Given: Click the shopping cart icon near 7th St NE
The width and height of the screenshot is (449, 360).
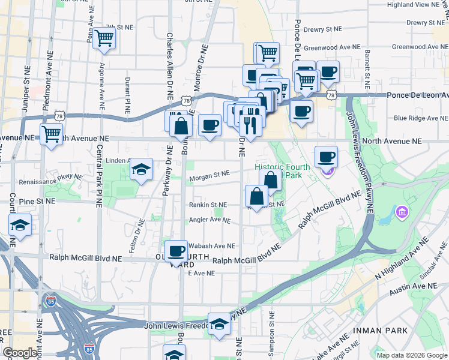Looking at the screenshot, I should coord(104,38).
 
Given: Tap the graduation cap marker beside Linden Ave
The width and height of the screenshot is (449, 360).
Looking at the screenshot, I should coord(141,170).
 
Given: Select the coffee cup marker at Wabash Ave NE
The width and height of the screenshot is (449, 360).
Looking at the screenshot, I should coord(176,250).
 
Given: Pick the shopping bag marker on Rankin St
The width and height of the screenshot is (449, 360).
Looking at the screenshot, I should coord(257,196).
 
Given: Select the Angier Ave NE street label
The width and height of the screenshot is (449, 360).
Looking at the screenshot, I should coord(209,220).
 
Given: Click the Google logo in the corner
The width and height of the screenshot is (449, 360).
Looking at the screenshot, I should coord(20,352).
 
